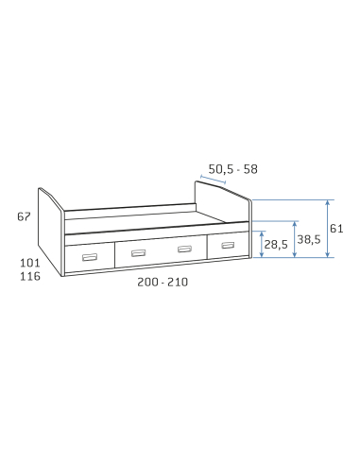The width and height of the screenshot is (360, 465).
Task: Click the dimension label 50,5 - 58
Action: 232,169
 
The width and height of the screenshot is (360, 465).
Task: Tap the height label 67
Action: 24,216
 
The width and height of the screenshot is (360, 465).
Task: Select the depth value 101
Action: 30,263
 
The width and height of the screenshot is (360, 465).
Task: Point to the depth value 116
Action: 30,276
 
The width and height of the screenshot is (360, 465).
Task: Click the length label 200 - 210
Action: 163,282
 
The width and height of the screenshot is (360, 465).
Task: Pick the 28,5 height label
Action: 276,244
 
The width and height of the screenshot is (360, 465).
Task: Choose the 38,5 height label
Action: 309,239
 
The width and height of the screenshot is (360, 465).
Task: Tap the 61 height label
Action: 336,229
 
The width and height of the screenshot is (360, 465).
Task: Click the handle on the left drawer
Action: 90,257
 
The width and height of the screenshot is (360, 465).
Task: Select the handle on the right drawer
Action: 228,245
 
